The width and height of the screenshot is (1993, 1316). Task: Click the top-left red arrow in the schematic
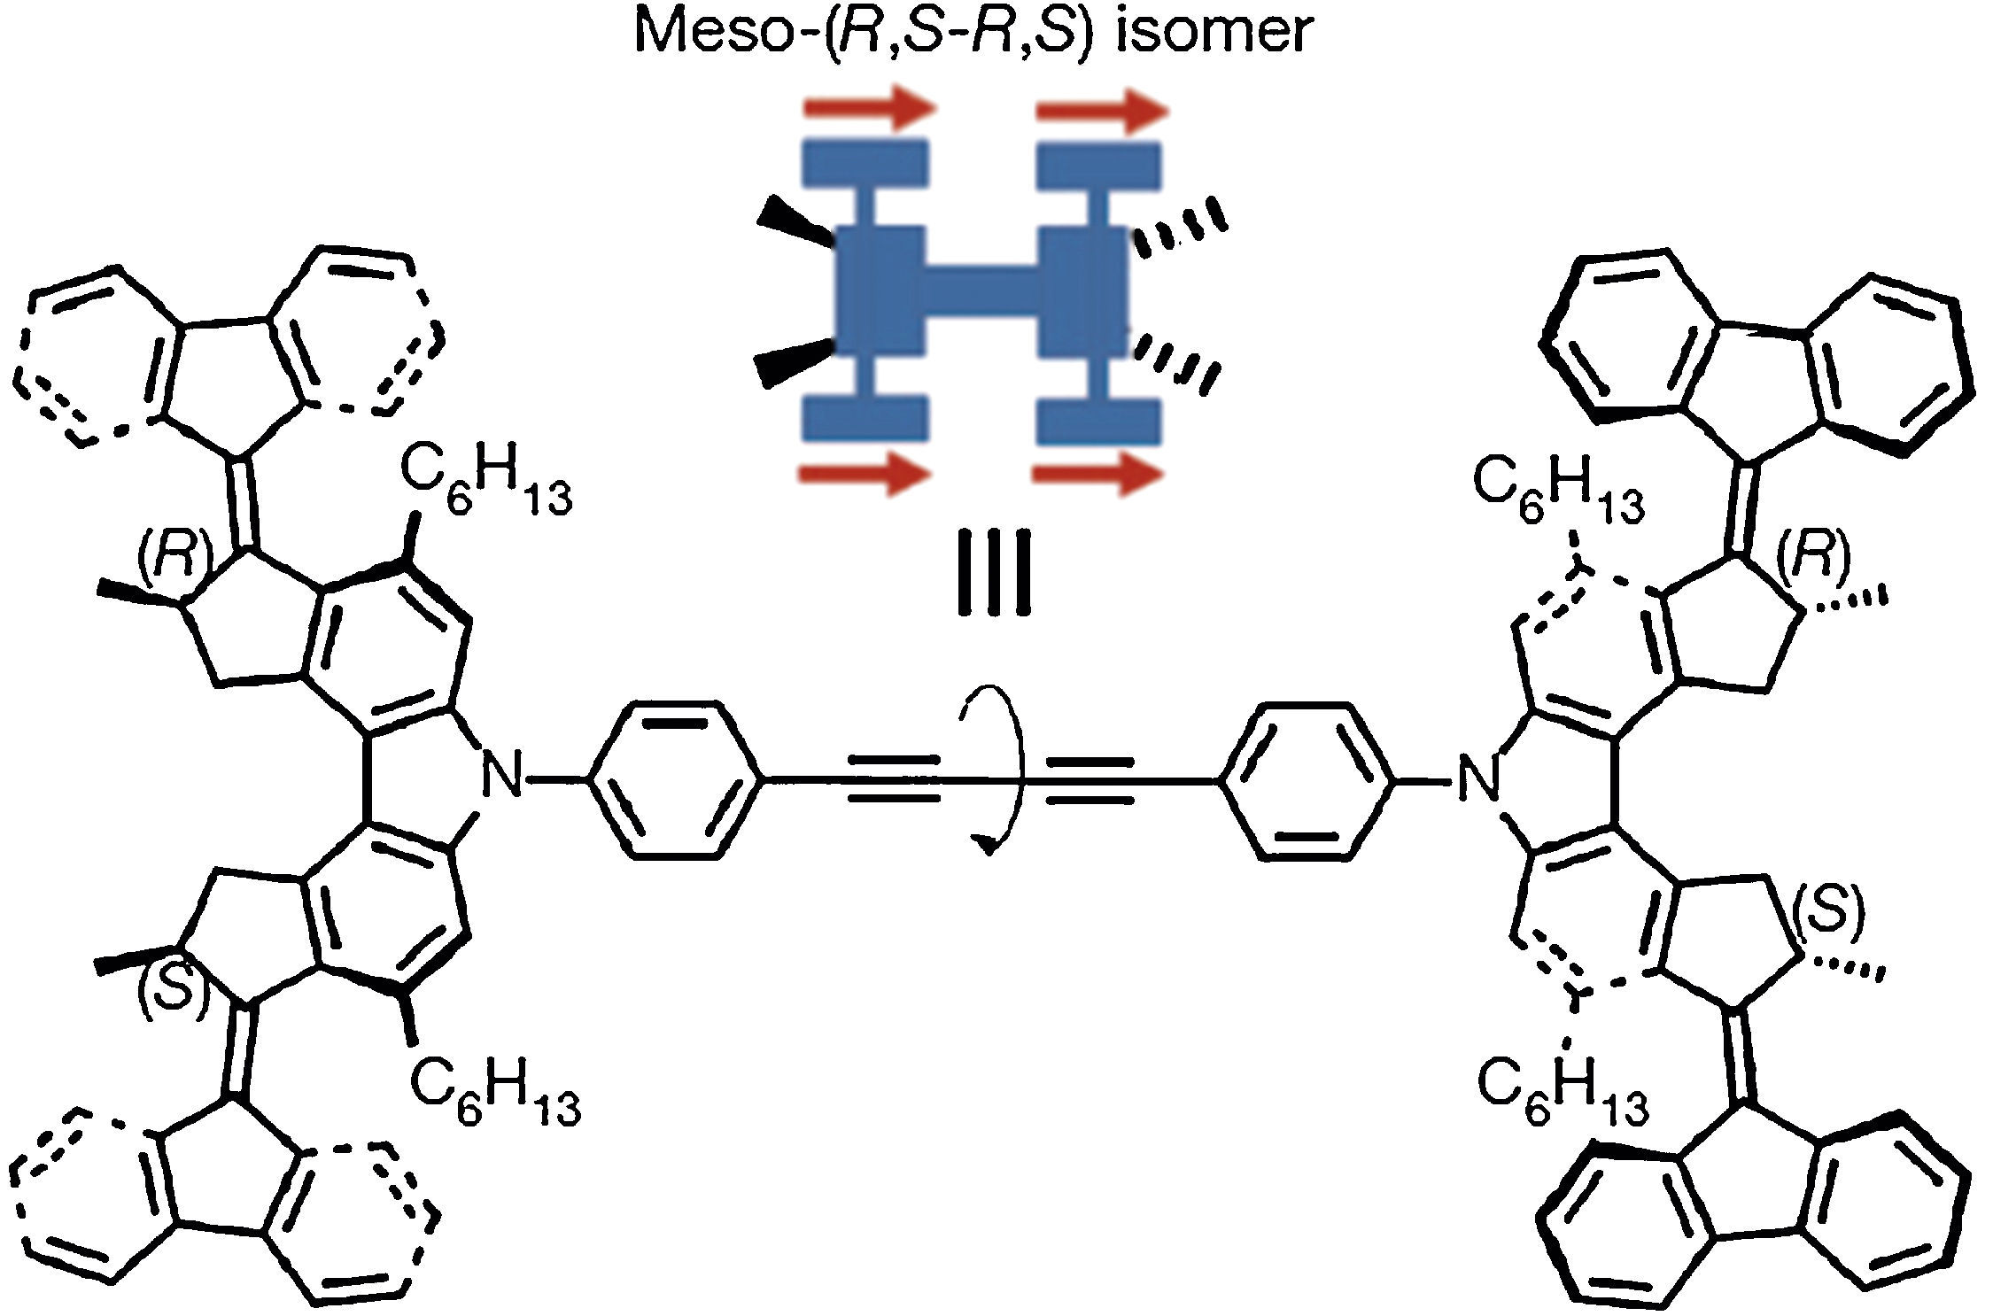point(869,111)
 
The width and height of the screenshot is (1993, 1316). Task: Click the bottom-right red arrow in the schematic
point(1098,476)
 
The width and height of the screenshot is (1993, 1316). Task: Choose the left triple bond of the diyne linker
point(893,780)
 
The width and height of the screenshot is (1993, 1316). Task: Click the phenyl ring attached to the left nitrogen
point(675,780)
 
